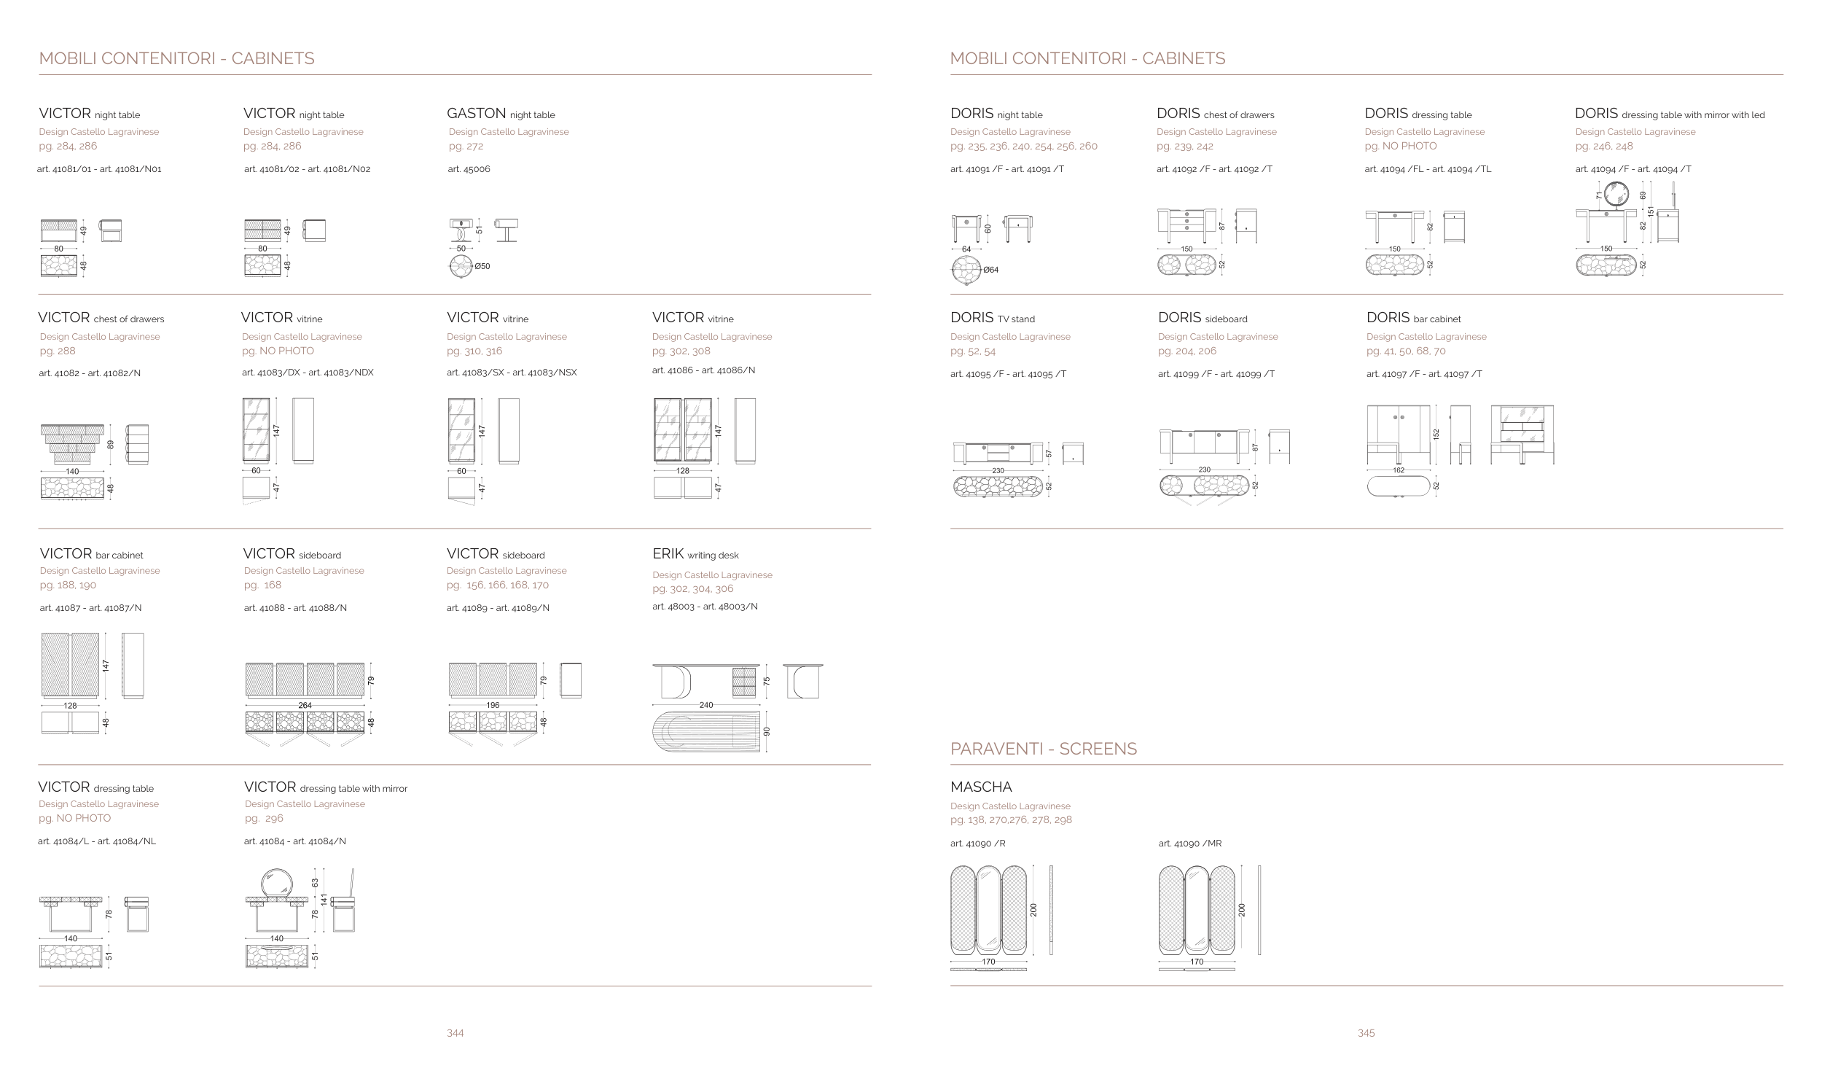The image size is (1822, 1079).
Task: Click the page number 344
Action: tap(455, 1032)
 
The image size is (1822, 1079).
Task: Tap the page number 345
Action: tap(1366, 1032)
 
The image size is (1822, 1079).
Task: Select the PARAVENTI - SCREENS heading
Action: tap(1043, 749)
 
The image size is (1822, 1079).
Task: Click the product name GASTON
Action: tap(476, 113)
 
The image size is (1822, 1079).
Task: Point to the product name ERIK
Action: tap(668, 553)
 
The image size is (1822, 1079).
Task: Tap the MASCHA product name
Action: tap(981, 787)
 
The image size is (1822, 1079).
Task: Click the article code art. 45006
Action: tap(469, 169)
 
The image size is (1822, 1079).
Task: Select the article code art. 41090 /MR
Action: tap(1189, 844)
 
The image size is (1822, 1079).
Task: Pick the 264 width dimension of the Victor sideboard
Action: tap(305, 705)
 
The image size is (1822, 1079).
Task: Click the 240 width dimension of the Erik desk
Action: tap(705, 705)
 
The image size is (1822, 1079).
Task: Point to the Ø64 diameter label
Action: tap(990, 270)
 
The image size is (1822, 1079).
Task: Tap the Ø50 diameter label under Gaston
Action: tap(482, 266)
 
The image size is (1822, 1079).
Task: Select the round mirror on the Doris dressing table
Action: tap(1621, 196)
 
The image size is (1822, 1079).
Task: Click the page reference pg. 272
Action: tap(466, 146)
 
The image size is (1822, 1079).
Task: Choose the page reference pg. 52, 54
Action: tap(972, 351)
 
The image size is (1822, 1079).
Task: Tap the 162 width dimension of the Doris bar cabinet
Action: tap(1398, 470)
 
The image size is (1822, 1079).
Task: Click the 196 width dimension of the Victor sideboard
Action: tap(493, 705)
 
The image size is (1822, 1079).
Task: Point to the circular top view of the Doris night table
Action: tap(966, 270)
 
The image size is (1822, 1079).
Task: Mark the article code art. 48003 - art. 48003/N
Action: tap(705, 607)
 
